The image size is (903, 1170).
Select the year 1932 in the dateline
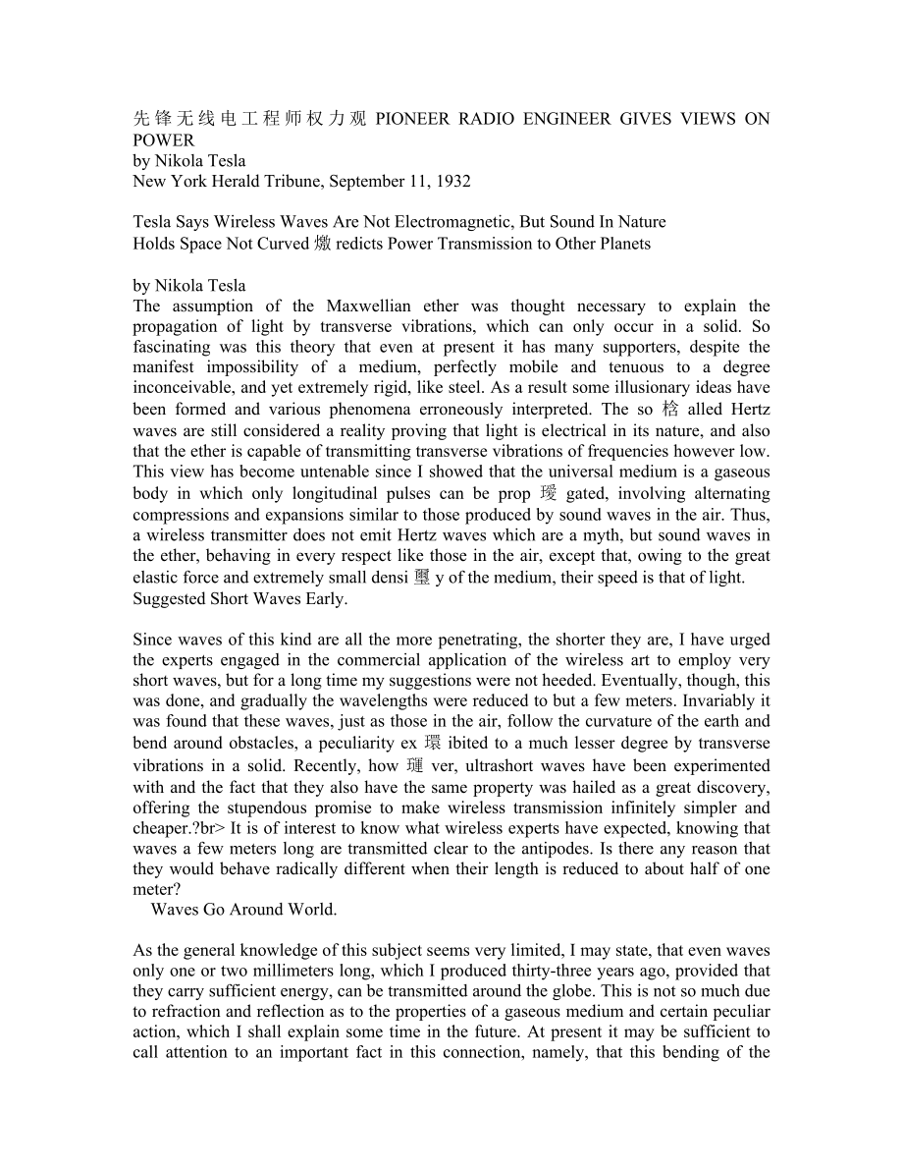(451, 182)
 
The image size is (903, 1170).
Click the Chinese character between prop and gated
(548, 493)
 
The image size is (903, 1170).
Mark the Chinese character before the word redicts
(324, 244)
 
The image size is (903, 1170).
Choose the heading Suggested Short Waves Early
(239, 598)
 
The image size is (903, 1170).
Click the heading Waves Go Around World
(243, 910)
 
